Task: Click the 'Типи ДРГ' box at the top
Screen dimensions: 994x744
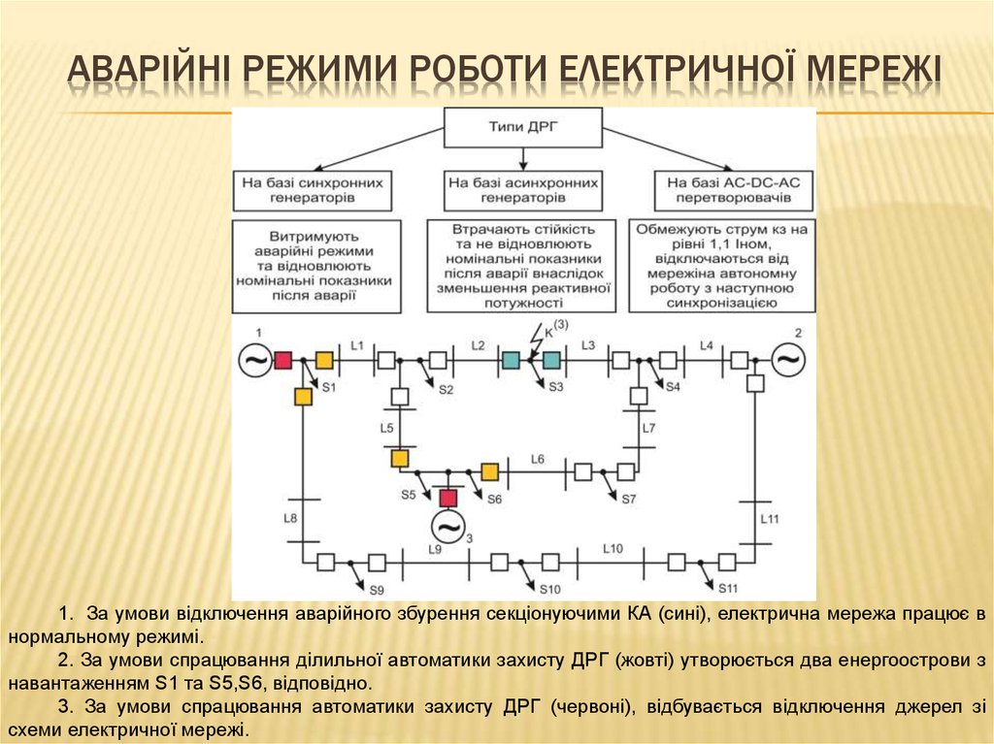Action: [522, 127]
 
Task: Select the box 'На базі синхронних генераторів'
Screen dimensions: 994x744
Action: [313, 190]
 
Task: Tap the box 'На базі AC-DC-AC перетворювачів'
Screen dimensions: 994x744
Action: [734, 190]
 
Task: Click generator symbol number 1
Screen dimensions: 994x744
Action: [255, 360]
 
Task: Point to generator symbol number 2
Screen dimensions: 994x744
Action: [788, 360]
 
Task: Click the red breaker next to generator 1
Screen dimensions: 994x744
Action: [282, 361]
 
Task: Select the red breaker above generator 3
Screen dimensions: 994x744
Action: [448, 498]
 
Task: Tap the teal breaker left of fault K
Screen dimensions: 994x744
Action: [511, 360]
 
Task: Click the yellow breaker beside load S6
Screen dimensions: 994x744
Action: [489, 472]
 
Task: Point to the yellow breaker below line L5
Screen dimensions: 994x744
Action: [399, 458]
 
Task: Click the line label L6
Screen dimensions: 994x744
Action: [538, 459]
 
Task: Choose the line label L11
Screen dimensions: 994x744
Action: [770, 519]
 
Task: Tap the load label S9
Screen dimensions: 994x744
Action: [377, 591]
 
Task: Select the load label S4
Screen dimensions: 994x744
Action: [673, 387]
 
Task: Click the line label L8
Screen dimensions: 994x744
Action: [290, 518]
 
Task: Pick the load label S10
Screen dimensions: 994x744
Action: [550, 590]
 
